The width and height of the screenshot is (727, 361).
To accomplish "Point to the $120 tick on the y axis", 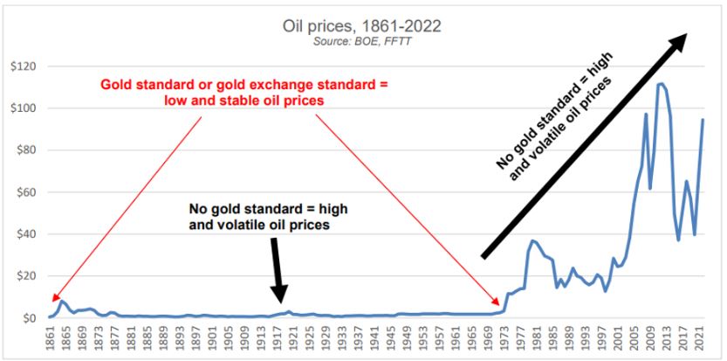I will pos(23,66).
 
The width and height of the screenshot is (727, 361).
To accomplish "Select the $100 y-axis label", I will pos(23,108).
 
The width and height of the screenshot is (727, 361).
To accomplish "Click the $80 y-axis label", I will pos(25,150).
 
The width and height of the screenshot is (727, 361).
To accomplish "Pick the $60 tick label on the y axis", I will pos(25,192).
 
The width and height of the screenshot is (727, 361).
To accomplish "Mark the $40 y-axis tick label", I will pos(25,234).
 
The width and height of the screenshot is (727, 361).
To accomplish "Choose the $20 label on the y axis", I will pos(25,276).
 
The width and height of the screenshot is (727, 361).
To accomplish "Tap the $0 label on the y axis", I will pos(29,318).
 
